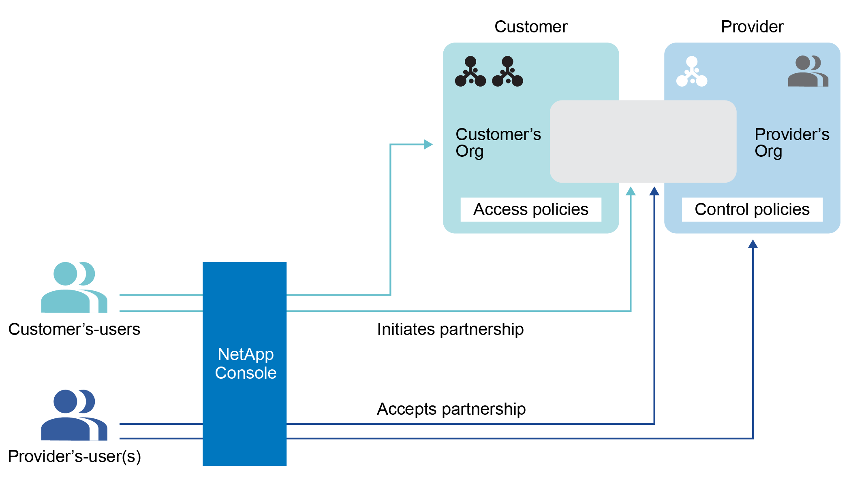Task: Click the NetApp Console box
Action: [x=245, y=363]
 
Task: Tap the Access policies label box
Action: [x=530, y=209]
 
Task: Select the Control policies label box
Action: [x=752, y=209]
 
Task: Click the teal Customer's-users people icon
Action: [x=74, y=287]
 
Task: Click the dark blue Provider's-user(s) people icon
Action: [x=74, y=415]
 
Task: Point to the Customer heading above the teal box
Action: [x=530, y=27]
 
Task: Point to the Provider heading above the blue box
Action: [x=752, y=27]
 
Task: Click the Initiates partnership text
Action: [x=450, y=329]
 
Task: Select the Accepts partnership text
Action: [x=451, y=409]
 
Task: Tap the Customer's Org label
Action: [x=498, y=142]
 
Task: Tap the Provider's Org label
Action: [x=791, y=142]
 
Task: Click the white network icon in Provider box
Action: [x=692, y=72]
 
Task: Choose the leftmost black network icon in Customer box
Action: [x=470, y=72]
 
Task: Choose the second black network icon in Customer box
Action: [x=507, y=72]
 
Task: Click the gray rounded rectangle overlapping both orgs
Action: [x=643, y=141]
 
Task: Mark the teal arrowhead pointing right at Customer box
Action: [x=428, y=144]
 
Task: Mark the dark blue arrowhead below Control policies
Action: [x=753, y=244]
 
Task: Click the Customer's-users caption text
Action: [x=74, y=329]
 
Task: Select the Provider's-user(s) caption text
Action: [x=75, y=456]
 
